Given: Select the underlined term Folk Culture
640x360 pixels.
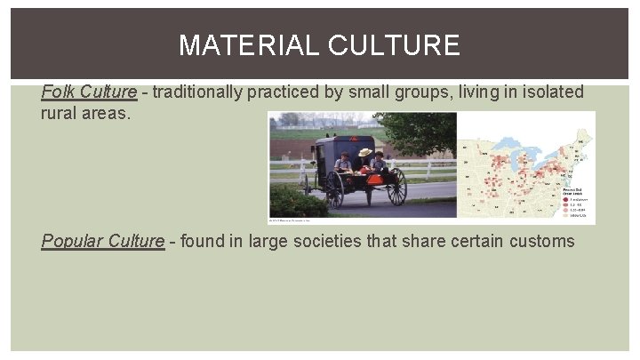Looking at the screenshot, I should (89, 92).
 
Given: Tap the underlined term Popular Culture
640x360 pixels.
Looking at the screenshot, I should (102, 241).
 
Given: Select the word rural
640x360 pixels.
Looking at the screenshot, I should (60, 115).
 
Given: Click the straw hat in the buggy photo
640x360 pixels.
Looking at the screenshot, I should (365, 152).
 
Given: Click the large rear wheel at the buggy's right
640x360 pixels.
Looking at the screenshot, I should (396, 187).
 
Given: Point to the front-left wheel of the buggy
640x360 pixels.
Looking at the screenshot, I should (335, 188).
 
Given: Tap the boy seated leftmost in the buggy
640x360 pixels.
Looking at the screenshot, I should (344, 162).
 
